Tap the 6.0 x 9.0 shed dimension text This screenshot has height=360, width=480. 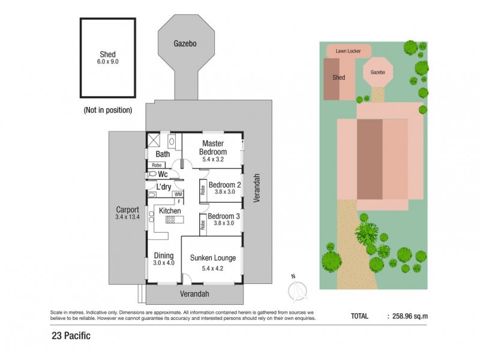pos(108,62)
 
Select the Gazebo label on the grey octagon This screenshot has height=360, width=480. pos(185,44)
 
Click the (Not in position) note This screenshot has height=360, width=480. pos(107,110)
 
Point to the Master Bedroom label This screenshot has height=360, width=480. pos(212,148)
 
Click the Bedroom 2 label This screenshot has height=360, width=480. pos(224,185)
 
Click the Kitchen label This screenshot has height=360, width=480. pos(170,211)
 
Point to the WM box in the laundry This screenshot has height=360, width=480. pos(178,194)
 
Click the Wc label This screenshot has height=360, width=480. pos(162,174)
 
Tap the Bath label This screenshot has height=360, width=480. pos(163,154)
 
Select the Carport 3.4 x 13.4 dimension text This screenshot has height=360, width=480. pos(127,217)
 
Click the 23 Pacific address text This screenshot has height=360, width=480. pos(70,336)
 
